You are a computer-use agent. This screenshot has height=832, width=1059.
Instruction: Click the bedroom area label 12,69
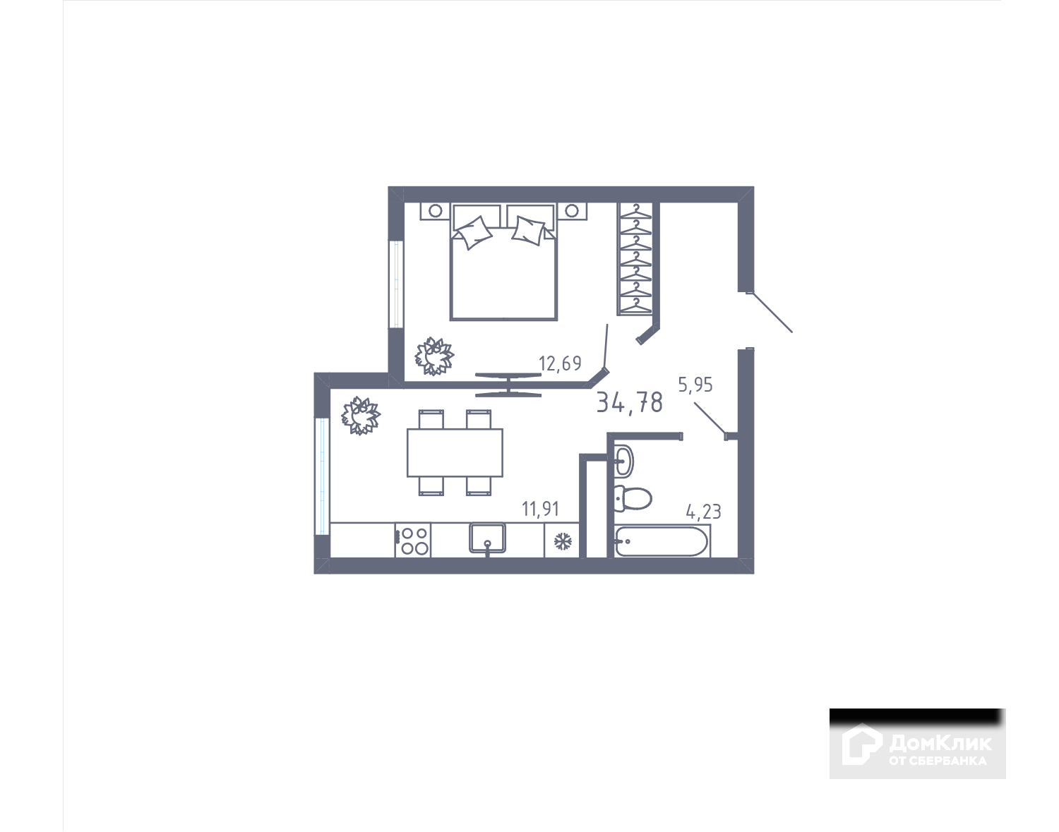(x=560, y=364)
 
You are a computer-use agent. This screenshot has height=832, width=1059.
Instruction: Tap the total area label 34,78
(x=630, y=402)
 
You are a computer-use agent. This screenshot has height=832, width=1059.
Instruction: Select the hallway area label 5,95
(x=695, y=385)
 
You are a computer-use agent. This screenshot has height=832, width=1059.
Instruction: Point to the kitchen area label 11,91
(x=540, y=509)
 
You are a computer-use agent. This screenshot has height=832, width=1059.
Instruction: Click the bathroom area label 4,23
(x=704, y=511)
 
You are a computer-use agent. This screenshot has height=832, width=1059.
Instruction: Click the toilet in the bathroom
(x=631, y=498)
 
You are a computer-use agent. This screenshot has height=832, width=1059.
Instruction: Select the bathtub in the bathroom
(x=662, y=542)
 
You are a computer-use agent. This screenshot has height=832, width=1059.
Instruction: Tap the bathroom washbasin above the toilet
(x=623, y=461)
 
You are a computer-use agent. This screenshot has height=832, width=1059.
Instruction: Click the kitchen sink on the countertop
(x=488, y=539)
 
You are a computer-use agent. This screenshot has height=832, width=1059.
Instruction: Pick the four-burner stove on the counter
(x=413, y=541)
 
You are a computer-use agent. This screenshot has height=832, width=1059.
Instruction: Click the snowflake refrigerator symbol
(x=562, y=541)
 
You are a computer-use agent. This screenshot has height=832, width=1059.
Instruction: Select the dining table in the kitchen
(x=455, y=452)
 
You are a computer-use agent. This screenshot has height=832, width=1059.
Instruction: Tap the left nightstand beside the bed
(x=436, y=210)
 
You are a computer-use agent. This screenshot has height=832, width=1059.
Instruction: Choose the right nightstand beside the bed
(x=572, y=210)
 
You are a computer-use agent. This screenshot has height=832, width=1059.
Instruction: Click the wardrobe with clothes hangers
(x=638, y=258)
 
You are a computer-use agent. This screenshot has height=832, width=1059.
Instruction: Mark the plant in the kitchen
(x=360, y=415)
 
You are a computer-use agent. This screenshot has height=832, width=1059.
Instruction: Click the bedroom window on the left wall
(x=396, y=284)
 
